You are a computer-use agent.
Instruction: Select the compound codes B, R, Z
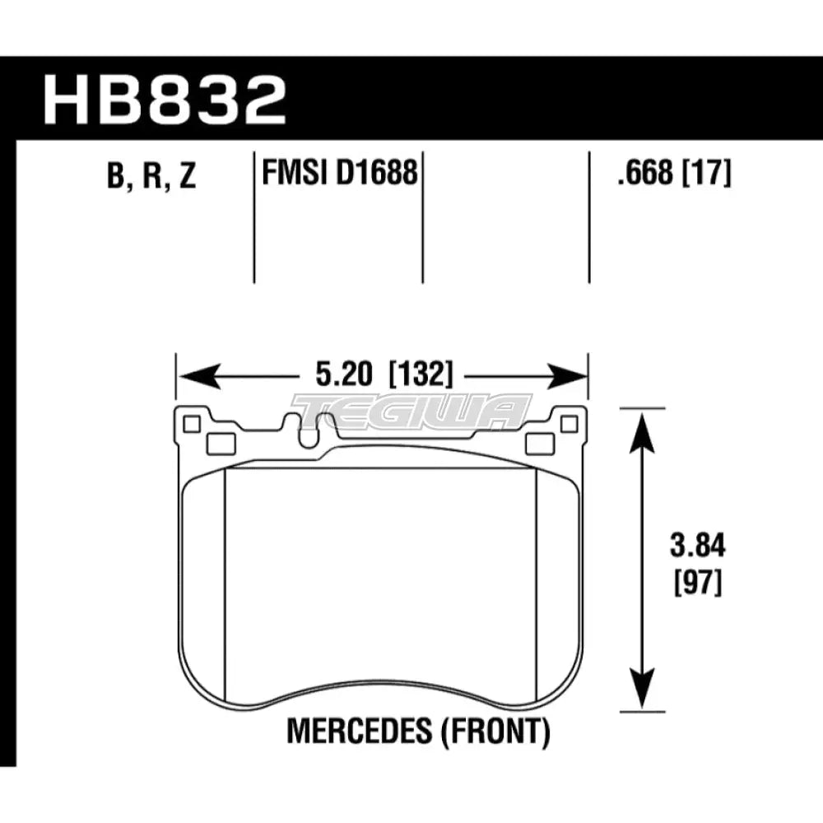(x=151, y=176)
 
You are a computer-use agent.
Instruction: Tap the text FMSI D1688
(x=337, y=174)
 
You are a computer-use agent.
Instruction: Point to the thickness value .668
(x=636, y=174)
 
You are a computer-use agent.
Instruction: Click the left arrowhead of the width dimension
(x=194, y=377)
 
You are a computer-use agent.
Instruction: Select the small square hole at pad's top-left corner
(x=192, y=424)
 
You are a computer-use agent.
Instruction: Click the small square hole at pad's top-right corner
(x=567, y=424)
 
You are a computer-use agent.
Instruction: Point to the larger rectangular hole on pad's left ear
(x=221, y=444)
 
